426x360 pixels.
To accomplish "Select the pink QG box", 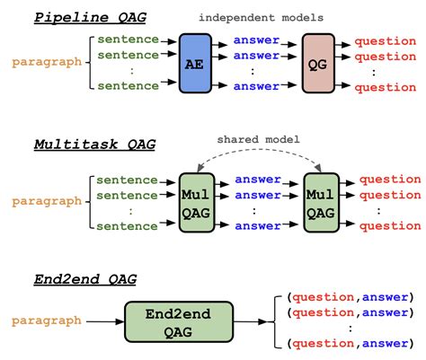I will point(317,64).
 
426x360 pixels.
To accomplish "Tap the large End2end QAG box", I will point(176,320).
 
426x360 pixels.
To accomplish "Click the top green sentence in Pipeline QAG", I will point(128,40).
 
